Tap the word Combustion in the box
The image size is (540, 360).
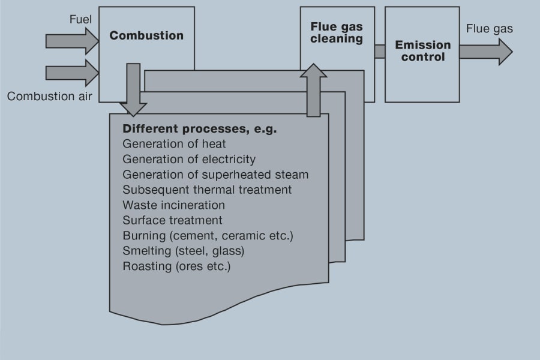(146, 35)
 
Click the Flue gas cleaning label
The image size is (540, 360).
(337, 33)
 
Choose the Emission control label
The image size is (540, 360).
(423, 51)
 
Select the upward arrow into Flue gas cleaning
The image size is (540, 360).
(314, 90)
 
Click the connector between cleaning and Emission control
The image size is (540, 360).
(380, 52)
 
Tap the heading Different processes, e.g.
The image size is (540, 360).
(199, 129)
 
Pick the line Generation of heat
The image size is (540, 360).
(174, 144)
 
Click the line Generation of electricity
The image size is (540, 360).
(189, 160)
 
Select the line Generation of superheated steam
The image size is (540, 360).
(215, 175)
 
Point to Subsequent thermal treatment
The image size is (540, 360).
(207, 190)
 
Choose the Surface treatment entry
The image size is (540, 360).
(172, 220)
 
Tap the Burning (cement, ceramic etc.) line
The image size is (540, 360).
(208, 236)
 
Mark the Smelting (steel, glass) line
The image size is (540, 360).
(184, 251)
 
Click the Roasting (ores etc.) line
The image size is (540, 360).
(176, 266)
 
